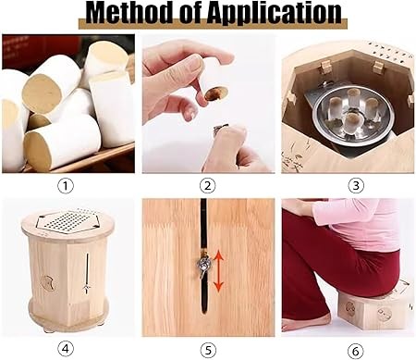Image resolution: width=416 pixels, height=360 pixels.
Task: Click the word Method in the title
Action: pyautogui.click(x=129, y=12)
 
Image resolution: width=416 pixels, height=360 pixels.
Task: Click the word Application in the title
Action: pyautogui.click(x=274, y=14)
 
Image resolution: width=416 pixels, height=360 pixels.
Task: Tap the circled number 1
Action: pyautogui.click(x=66, y=186)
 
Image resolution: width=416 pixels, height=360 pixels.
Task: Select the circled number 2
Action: pyautogui.click(x=208, y=186)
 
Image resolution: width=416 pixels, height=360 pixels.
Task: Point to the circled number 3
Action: pyautogui.click(x=356, y=186)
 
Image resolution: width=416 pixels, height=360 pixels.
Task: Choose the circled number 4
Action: pyautogui.click(x=66, y=349)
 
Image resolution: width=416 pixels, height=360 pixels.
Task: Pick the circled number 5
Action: pyautogui.click(x=208, y=350)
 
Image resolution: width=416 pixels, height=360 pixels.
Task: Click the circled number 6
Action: pyautogui.click(x=356, y=351)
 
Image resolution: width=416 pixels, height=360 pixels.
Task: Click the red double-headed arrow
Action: pyautogui.click(x=218, y=271)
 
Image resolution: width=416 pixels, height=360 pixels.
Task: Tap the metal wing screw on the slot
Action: pyautogui.click(x=203, y=264)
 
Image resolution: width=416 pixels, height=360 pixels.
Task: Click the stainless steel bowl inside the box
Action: pyautogui.click(x=353, y=115)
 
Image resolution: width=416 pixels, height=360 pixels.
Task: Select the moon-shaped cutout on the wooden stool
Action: pyautogui.click(x=47, y=283)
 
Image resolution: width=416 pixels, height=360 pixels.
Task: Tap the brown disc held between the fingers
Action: pyautogui.click(x=216, y=93)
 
